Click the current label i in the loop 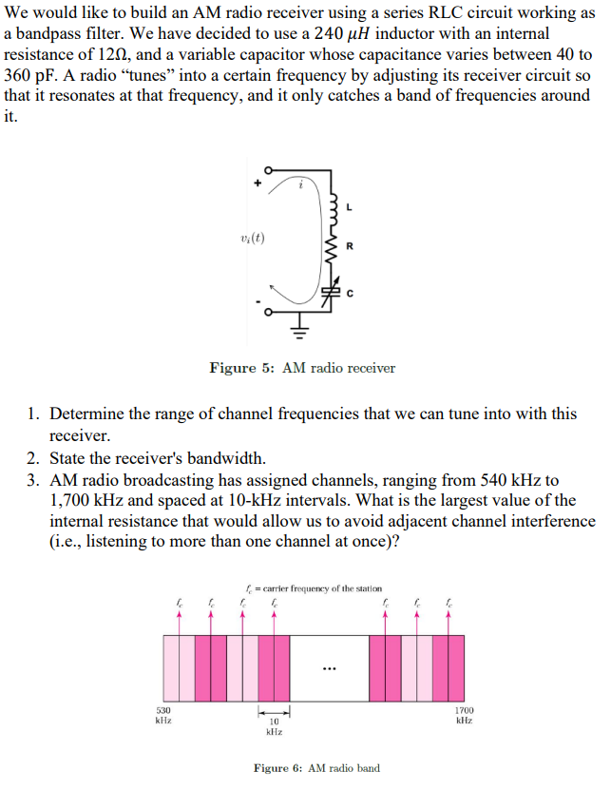pyautogui.click(x=300, y=186)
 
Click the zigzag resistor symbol pyautogui.click(x=333, y=250)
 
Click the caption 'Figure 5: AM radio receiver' pyautogui.click(x=302, y=368)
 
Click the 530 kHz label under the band pyautogui.click(x=163, y=715)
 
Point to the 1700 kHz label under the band pyautogui.click(x=464, y=715)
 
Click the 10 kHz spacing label pyautogui.click(x=274, y=726)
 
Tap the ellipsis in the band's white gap pyautogui.click(x=329, y=666)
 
